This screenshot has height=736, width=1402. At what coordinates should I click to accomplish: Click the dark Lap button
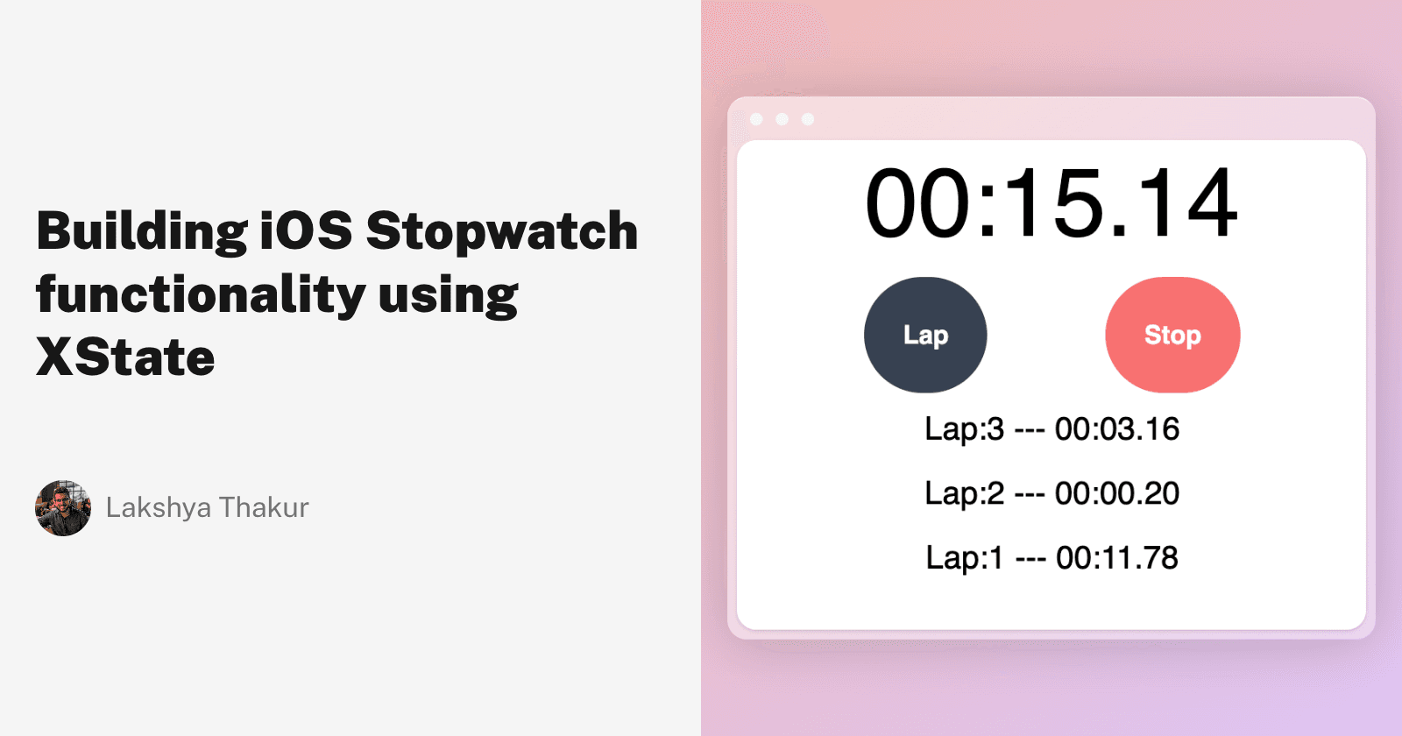coord(925,335)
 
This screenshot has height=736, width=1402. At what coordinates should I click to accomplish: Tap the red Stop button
coord(1172,335)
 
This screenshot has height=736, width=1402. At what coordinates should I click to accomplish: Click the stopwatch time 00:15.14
coord(1051,204)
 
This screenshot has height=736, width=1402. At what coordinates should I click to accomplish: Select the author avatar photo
coord(63,508)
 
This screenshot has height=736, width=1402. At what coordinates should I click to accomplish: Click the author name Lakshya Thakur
coord(208,508)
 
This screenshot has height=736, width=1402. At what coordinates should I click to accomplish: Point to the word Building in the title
coord(142,232)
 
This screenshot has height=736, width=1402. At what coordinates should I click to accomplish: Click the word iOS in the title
coord(307,230)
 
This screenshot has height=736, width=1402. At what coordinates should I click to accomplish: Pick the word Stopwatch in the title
coord(502,232)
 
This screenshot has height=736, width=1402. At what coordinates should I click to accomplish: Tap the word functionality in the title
coord(201,295)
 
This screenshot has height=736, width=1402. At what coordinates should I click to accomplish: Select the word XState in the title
coord(125,357)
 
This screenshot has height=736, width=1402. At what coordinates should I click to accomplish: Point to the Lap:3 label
coord(964,429)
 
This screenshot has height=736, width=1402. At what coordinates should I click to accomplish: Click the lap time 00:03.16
coord(1117,429)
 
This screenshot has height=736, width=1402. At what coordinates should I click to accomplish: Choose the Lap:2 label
coord(964,493)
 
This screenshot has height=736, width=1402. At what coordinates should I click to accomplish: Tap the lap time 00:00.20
coord(1117,493)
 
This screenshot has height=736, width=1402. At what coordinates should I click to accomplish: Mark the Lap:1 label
coord(964,558)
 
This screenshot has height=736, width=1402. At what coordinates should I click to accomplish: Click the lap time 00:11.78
coord(1117,558)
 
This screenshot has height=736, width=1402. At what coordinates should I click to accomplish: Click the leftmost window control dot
coord(757,119)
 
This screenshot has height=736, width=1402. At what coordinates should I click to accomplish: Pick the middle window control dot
coord(782,119)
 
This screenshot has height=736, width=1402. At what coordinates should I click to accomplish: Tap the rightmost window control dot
coord(808,119)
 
